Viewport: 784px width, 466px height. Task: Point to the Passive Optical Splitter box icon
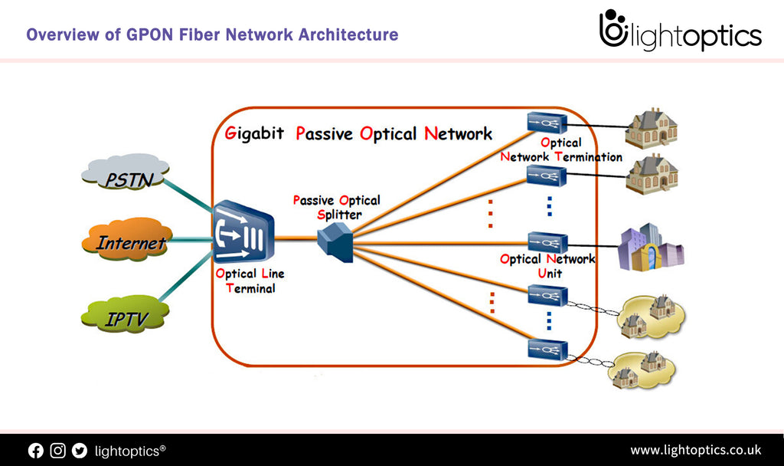(335, 241)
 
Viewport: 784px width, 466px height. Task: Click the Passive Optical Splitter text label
(336, 207)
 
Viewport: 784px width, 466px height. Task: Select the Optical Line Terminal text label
(245, 281)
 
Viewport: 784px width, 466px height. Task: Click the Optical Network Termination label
(560, 149)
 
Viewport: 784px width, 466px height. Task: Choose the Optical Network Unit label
(547, 265)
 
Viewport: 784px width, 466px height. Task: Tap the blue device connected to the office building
(547, 241)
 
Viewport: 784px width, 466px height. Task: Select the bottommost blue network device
(547, 350)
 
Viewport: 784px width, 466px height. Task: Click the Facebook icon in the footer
(36, 451)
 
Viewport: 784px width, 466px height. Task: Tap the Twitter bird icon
(80, 451)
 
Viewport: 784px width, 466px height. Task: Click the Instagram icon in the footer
(58, 451)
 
